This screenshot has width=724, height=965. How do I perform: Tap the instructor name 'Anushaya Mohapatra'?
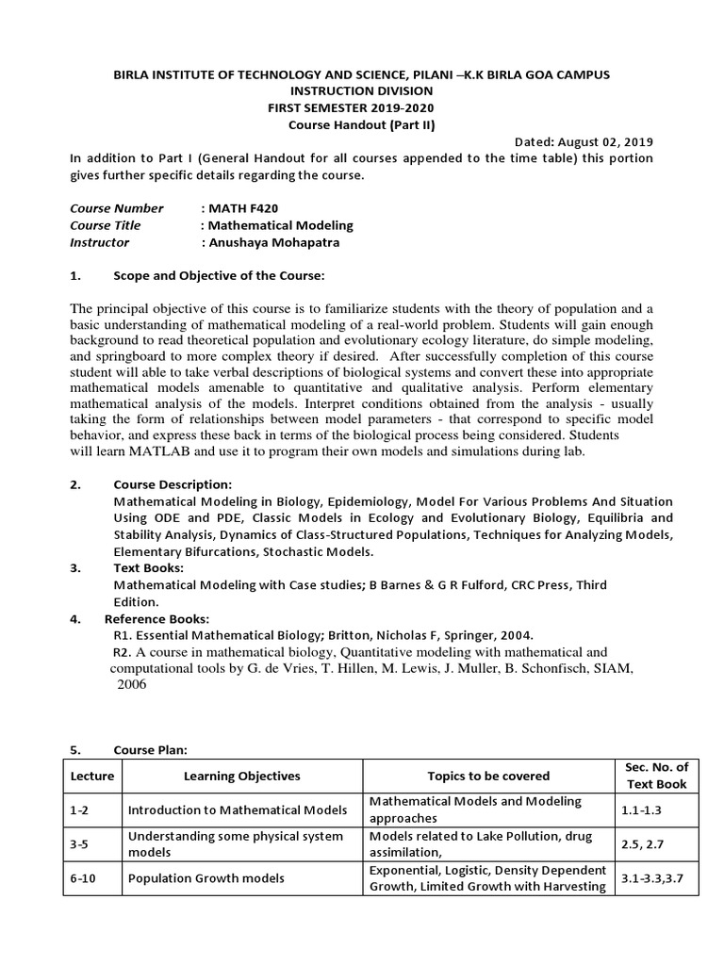[273, 242]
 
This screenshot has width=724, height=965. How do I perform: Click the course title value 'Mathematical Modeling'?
[280, 225]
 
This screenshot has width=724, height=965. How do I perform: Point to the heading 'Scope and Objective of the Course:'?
[219, 276]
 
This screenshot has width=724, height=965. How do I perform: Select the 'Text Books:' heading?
[149, 568]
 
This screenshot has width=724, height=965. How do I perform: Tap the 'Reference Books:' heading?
[156, 618]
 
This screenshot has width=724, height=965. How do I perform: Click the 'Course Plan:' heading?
[151, 750]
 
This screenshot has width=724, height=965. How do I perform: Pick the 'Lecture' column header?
[91, 776]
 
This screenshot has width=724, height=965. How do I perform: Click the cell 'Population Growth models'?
[205, 878]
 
